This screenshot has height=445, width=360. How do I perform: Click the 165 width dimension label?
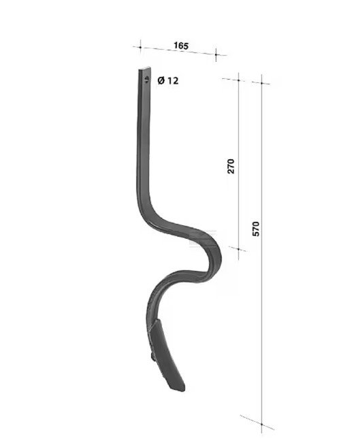(181, 46)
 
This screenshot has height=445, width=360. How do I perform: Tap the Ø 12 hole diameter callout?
(168, 81)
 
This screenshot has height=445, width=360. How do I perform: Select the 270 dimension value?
(231, 166)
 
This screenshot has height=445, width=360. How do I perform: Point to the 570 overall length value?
(256, 229)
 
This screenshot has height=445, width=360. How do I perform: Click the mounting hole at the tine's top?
(146, 79)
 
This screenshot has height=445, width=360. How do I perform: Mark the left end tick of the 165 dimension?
(140, 47)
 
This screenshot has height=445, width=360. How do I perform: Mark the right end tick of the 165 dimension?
(216, 54)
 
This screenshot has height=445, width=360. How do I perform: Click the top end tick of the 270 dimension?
(238, 80)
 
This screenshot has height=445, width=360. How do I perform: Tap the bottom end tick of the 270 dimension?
(238, 250)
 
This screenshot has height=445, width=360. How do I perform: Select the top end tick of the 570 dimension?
(261, 83)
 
